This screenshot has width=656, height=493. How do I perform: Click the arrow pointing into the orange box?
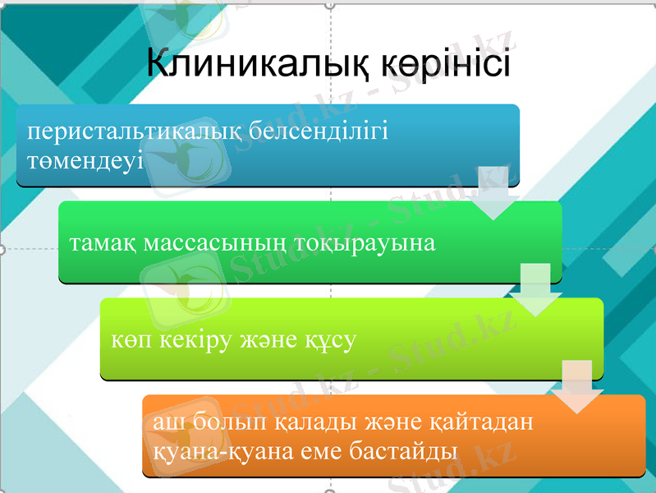point(577,386)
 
